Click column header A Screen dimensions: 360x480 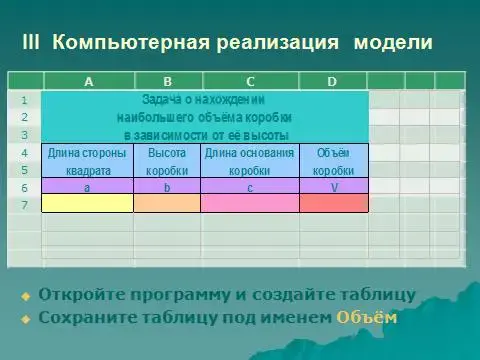88,81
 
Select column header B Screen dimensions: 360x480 167,81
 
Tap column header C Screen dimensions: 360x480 249,81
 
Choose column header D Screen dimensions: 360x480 332,81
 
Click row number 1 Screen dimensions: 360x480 24,100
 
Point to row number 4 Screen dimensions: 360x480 24,153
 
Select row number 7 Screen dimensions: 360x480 24,204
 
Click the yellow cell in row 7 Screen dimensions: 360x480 88,203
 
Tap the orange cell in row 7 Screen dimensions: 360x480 167,203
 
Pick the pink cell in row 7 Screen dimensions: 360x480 249,203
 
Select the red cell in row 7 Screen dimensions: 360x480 333,203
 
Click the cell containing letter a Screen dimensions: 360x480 88,186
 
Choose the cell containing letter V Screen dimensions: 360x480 333,186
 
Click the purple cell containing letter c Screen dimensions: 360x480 249,186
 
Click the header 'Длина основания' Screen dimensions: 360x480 249,153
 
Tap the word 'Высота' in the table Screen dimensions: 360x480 167,153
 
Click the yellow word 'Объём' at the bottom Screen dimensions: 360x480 366,318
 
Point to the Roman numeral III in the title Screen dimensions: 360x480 30,43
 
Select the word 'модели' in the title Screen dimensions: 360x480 393,43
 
